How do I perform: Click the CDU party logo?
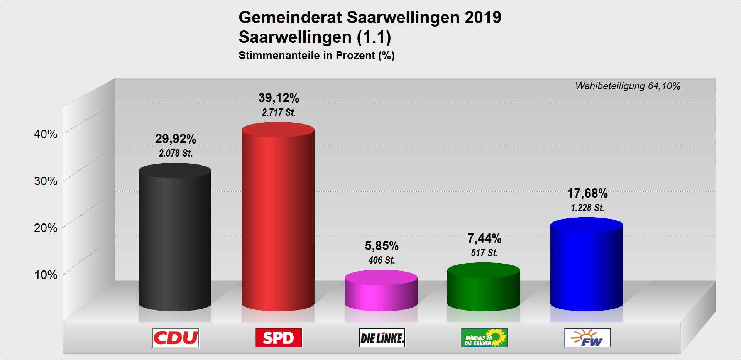pos(176,338)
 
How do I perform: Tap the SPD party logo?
pos(279,338)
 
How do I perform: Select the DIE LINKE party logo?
pos(382,338)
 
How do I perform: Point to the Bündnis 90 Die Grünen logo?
pos(484,338)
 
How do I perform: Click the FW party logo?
pos(587,338)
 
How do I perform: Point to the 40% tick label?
pos(46,134)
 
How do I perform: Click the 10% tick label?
pos(46,275)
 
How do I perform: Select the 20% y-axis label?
pos(46,228)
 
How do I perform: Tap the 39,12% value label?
pos(279,98)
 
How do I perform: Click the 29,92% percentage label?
pos(176,139)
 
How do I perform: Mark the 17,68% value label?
pos(587,193)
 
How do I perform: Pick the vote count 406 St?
pos(382,260)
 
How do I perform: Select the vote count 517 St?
pos(484,253)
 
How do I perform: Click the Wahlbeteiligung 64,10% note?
pos(628,86)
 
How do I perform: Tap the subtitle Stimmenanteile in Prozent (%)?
pos(316,56)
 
